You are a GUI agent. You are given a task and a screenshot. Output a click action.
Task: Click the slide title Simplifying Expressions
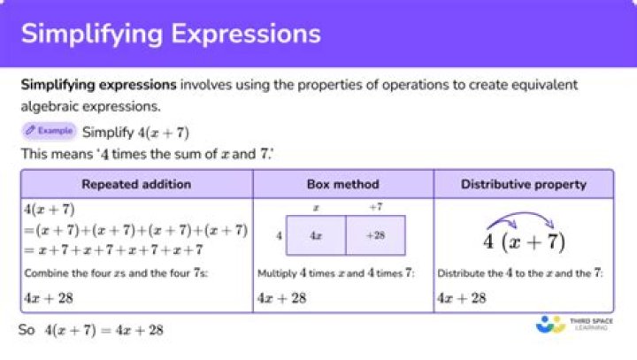click(x=171, y=34)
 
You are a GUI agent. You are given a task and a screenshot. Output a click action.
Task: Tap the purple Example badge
click(x=49, y=131)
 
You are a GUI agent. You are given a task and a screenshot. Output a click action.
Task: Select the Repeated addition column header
click(x=136, y=185)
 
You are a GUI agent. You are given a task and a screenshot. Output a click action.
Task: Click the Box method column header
click(x=343, y=185)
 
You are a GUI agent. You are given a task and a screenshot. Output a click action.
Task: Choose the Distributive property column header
click(x=524, y=185)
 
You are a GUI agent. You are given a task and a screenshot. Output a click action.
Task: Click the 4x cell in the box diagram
click(x=315, y=236)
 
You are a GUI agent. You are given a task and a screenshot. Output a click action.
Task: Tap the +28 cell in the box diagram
click(x=375, y=236)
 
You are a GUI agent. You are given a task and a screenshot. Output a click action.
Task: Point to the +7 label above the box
click(x=375, y=206)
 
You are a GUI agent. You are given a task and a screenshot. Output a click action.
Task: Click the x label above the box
click(x=316, y=206)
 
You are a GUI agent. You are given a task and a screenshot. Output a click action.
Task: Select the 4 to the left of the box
click(x=280, y=236)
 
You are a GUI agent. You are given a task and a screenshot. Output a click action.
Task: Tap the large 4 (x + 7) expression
click(x=524, y=241)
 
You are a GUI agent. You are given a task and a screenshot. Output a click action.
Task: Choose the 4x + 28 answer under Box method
click(x=281, y=298)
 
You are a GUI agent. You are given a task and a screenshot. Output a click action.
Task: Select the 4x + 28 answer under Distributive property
click(x=462, y=298)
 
